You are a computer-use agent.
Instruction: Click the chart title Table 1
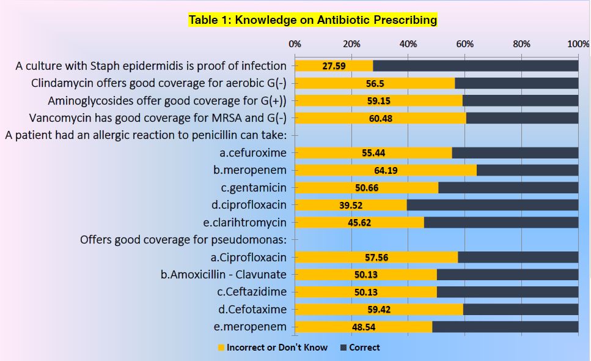(x=312, y=20)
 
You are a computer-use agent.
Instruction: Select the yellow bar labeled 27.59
(x=334, y=65)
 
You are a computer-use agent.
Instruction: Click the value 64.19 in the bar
(x=386, y=170)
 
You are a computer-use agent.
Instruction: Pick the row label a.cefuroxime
(x=254, y=152)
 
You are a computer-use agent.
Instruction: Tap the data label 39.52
(x=351, y=205)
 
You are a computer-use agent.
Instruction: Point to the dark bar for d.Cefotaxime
(x=521, y=310)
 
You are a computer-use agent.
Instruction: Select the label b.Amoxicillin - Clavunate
(x=224, y=275)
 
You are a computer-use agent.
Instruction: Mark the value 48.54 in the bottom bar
(x=364, y=327)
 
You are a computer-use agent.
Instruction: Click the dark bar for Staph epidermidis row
(x=475, y=65)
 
